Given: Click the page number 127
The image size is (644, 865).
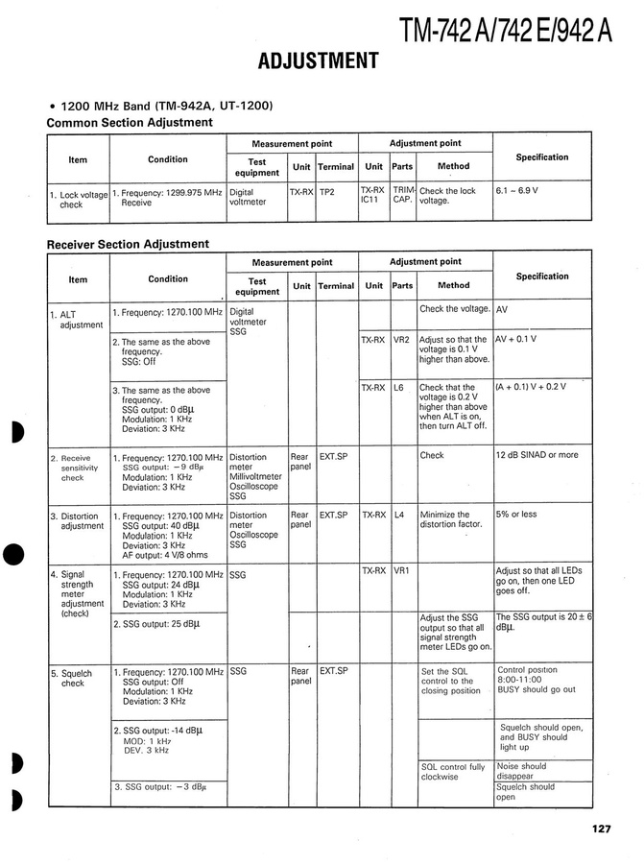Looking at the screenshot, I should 601,831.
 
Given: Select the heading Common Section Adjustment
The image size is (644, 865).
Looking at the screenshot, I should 130,123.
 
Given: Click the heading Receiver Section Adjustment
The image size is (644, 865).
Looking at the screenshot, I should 128,244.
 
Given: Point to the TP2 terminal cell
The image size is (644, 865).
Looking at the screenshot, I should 327,191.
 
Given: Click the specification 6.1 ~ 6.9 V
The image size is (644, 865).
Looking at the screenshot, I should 516,191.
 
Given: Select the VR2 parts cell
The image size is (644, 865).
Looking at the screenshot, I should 401,340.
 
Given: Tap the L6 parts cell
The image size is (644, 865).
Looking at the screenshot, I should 400,387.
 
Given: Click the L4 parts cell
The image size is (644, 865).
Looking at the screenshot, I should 399,515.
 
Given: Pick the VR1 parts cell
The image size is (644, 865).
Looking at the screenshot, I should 401,570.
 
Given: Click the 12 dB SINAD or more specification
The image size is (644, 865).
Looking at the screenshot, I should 537,455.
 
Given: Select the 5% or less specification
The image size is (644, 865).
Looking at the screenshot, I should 516,515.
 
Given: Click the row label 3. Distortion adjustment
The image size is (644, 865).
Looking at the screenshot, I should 78,520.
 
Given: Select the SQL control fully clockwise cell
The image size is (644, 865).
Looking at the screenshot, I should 453,772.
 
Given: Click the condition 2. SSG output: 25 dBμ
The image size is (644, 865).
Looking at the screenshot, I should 156,623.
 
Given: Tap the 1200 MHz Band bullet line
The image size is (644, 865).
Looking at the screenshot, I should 161,106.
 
